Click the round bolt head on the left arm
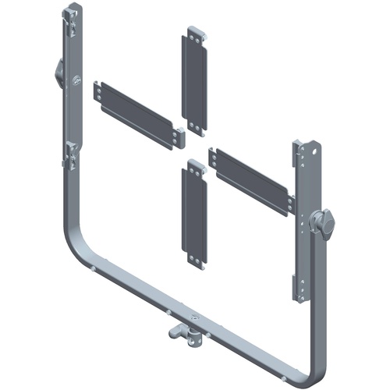[x=76, y=80]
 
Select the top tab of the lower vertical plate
[x=194, y=165]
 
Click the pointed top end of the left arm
[x=75, y=8]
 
